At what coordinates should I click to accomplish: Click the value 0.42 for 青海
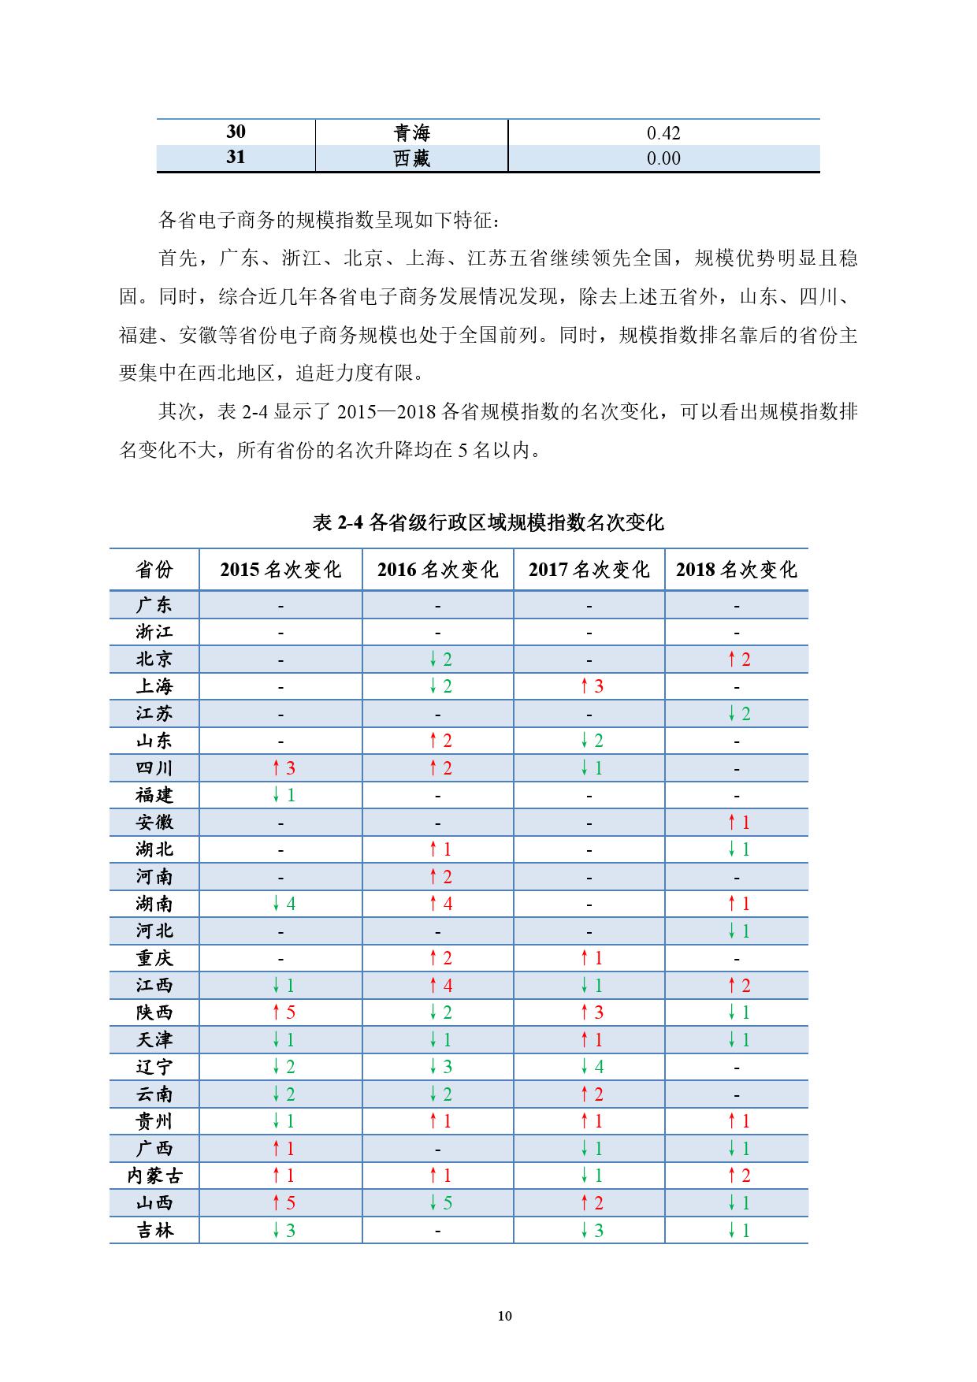coord(663,133)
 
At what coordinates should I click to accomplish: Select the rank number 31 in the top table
coord(236,158)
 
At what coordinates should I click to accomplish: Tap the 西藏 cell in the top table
coord(411,158)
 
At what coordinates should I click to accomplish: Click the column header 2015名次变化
coord(280,570)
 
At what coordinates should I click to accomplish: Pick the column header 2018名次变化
coord(736,570)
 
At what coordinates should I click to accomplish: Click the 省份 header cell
coord(154,570)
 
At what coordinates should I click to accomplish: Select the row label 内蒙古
coord(154,1176)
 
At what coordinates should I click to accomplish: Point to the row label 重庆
coord(154,958)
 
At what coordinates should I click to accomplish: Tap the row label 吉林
coord(154,1230)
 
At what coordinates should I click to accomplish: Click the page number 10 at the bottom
coord(505,1316)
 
